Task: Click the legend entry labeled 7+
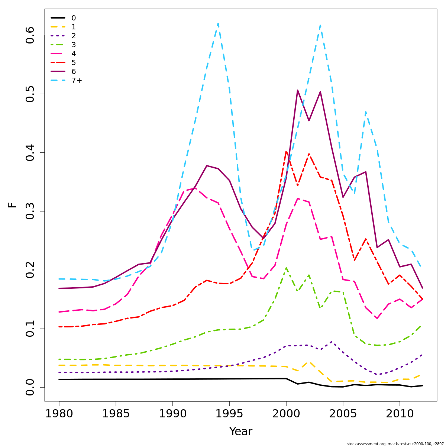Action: [77, 80]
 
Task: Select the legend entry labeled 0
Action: [74, 18]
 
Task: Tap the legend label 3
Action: [74, 45]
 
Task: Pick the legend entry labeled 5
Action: [74, 62]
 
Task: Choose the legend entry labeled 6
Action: [74, 71]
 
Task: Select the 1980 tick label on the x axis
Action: [59, 414]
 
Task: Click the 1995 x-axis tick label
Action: [229, 414]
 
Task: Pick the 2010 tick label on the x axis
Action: [400, 414]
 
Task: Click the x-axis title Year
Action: [240, 432]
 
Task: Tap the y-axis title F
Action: [12, 205]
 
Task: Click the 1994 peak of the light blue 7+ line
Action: [218, 23]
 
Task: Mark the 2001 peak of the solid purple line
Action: [298, 90]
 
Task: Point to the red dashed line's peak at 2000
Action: [286, 151]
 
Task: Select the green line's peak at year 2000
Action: [286, 268]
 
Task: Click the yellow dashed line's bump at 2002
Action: [309, 361]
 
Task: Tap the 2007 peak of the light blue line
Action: [366, 112]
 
